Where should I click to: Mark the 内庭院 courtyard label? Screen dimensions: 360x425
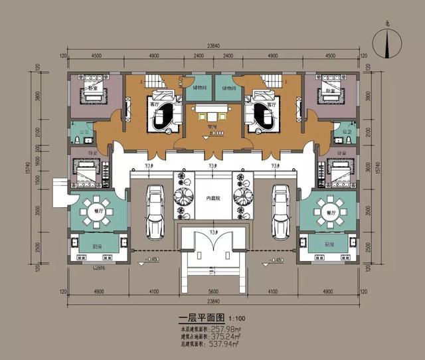point(212,199)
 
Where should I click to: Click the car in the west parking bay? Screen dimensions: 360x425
point(155,211)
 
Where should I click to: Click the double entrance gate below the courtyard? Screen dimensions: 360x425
point(212,249)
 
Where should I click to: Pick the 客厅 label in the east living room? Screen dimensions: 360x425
point(270,106)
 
